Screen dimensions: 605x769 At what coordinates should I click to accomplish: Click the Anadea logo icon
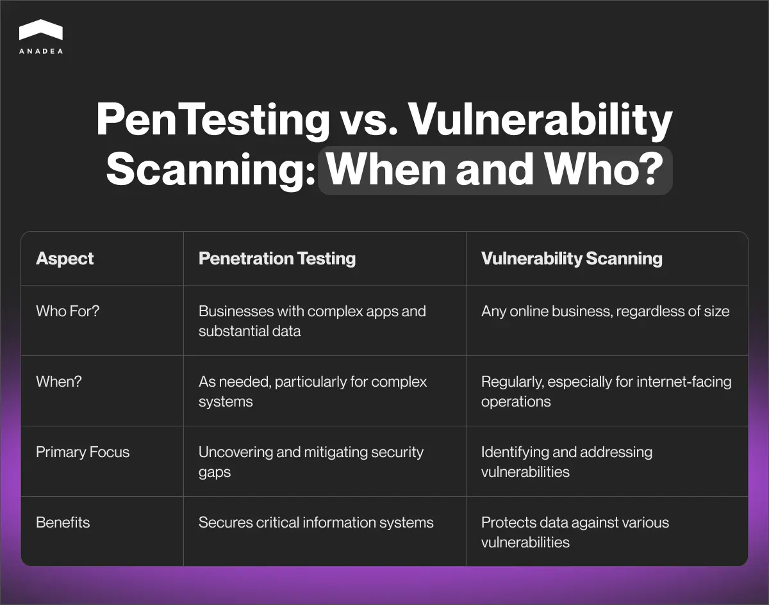coord(41,31)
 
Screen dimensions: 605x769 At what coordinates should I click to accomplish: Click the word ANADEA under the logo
coord(41,51)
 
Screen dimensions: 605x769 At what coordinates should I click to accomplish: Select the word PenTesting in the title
coord(211,120)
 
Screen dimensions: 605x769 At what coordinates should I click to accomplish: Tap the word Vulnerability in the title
coord(540,120)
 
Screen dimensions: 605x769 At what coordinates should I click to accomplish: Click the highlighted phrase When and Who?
coord(494,170)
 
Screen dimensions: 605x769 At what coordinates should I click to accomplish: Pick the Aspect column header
coord(65,259)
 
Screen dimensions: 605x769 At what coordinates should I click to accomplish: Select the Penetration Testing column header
coord(277,259)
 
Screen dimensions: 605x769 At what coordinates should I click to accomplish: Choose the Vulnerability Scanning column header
coord(572,259)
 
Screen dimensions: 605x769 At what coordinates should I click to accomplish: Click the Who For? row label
coord(67,312)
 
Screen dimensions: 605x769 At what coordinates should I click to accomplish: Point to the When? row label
coord(59,382)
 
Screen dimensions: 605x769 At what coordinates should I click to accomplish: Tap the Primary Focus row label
coord(83,452)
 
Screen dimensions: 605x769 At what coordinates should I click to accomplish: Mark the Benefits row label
coord(63,522)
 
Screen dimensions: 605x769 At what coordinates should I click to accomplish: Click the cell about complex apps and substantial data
coord(312,321)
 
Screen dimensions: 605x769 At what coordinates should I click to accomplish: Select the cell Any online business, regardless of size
coord(605,312)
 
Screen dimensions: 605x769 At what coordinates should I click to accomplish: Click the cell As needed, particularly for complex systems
coord(312,391)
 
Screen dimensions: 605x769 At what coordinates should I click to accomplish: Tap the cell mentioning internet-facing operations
coord(606,391)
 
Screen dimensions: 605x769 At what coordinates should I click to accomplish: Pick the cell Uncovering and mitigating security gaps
coord(311,462)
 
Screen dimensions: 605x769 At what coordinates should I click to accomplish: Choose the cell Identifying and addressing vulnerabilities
coord(566,462)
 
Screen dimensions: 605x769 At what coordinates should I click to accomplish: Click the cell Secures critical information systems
coord(316,522)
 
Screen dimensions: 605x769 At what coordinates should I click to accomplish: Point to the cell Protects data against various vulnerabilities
coord(575,532)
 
